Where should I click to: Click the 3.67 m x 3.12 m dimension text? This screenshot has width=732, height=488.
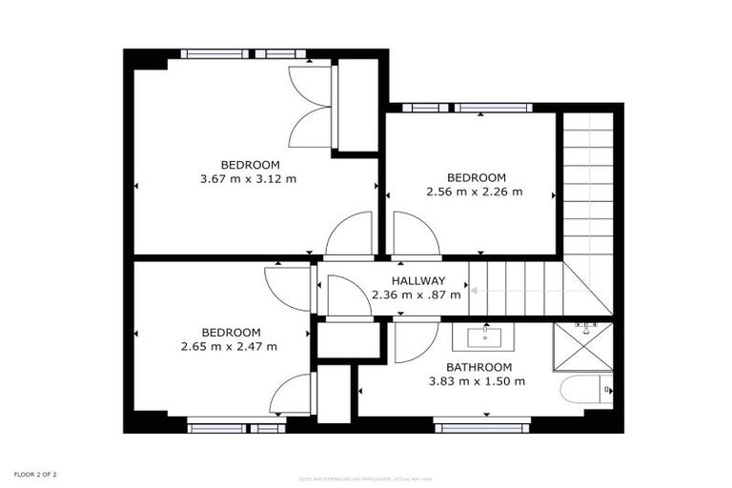[248, 178]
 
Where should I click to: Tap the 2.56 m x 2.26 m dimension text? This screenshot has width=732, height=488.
[474, 192]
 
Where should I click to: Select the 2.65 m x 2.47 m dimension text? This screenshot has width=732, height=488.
[229, 347]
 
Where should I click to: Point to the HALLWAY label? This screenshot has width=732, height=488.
[417, 281]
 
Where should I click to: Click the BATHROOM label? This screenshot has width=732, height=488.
[479, 367]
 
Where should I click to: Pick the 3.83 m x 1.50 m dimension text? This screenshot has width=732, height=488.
[477, 381]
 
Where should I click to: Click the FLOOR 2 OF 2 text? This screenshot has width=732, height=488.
[35, 474]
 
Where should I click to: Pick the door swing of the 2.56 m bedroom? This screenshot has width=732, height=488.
[415, 234]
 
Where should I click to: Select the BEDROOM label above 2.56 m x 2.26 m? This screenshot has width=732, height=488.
[476, 177]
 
